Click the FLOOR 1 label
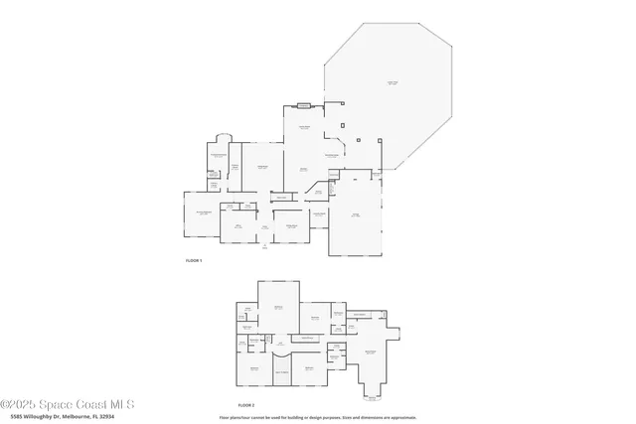tap(194, 260)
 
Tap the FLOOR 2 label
tap(246, 405)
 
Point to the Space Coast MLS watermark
tap(68, 404)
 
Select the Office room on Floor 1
tap(238, 227)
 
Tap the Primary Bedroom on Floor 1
tap(203, 214)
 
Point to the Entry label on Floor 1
tap(265, 227)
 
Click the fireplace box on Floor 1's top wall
tap(303, 105)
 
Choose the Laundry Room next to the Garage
tap(320, 214)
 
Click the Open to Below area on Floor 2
tap(306, 339)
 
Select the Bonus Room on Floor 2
tap(370, 353)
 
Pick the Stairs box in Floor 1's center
tap(281, 198)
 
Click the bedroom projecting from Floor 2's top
tap(278, 307)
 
